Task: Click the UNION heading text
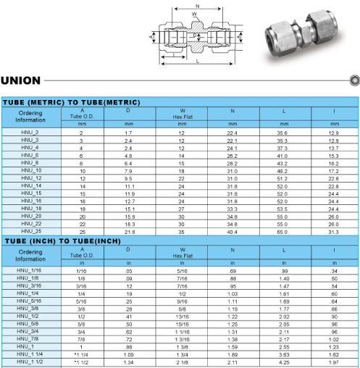click(x=20, y=80)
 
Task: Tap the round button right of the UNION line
click(x=354, y=80)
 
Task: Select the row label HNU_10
click(x=31, y=170)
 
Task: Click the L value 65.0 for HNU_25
click(x=282, y=232)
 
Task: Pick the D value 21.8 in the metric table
click(x=130, y=232)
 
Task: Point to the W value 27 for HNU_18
click(x=181, y=209)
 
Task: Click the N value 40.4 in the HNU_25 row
click(x=232, y=232)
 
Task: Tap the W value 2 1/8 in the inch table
click(x=182, y=362)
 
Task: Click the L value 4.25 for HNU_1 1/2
click(x=284, y=362)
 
